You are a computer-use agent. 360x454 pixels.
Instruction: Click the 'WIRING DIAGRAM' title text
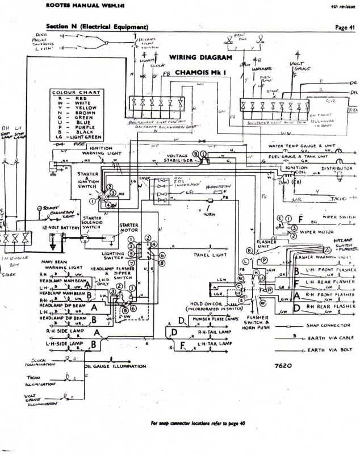pos(200,58)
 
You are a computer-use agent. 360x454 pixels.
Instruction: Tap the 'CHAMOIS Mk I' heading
pos(202,73)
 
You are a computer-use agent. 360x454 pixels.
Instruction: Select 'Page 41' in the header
pos(345,27)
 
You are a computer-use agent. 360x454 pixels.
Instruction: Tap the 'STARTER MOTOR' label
pos(128,228)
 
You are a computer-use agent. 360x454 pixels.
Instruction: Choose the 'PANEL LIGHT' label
pos(210,255)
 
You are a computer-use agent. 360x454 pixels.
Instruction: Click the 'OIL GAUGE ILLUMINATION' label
pos(116,366)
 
